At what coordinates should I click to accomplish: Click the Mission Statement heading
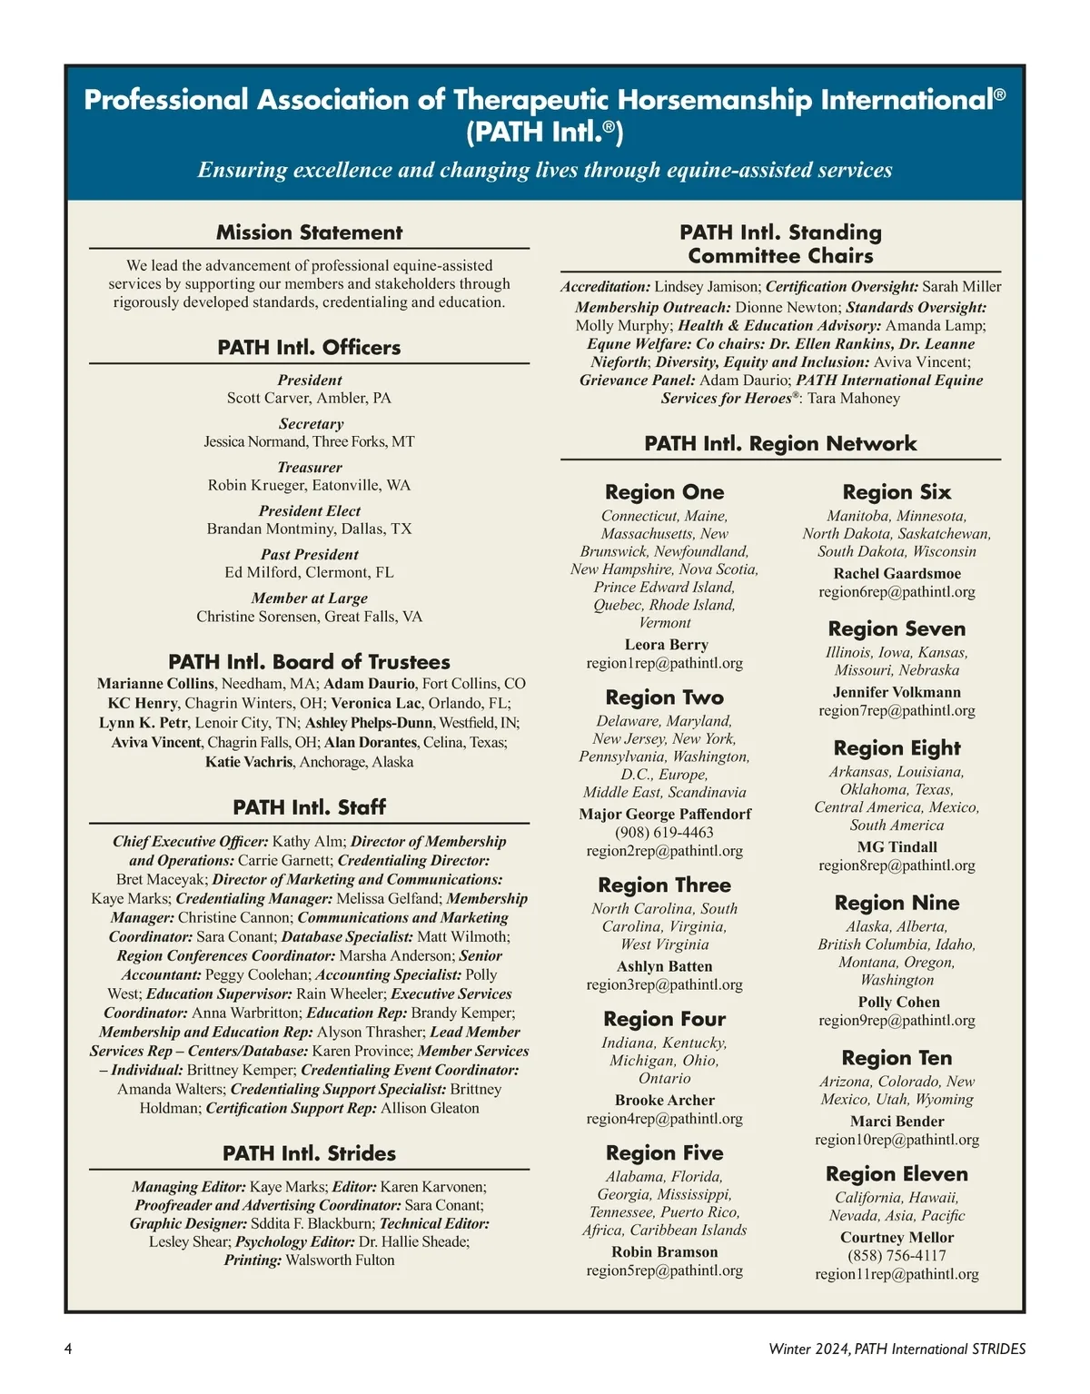[309, 232]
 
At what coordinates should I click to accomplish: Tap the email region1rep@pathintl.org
[664, 663]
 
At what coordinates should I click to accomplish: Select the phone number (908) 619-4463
[664, 832]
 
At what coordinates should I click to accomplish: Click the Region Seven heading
[897, 628]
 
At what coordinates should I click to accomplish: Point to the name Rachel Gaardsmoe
[897, 573]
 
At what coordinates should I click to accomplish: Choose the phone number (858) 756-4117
[897, 1255]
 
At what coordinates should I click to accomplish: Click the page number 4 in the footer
[68, 1349]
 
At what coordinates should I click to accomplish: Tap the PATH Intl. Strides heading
[309, 1153]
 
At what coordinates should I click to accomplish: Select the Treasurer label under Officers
[309, 467]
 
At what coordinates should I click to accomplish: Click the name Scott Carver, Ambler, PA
[309, 398]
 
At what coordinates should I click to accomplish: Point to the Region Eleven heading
[897, 1173]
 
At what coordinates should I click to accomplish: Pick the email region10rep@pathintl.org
[897, 1139]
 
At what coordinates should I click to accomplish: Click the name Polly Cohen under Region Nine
[898, 1002]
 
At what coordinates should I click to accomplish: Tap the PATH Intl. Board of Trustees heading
[309, 662]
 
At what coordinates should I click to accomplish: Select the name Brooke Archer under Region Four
[664, 1100]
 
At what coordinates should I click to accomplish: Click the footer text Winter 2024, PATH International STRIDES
[897, 1349]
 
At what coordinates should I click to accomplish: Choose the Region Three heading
[664, 885]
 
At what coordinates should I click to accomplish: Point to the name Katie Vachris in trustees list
[249, 762]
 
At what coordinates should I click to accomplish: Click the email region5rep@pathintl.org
[664, 1270]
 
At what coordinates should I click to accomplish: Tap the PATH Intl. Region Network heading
[780, 443]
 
